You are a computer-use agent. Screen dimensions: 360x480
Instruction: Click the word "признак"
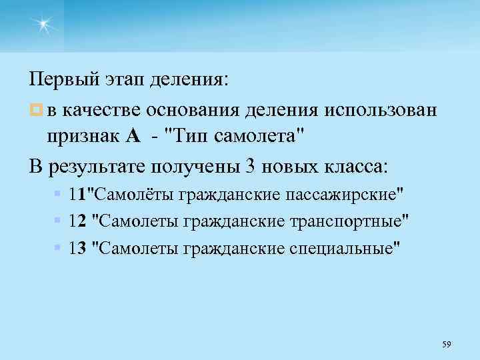click(x=83, y=137)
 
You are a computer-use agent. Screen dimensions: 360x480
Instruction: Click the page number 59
click(x=447, y=344)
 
